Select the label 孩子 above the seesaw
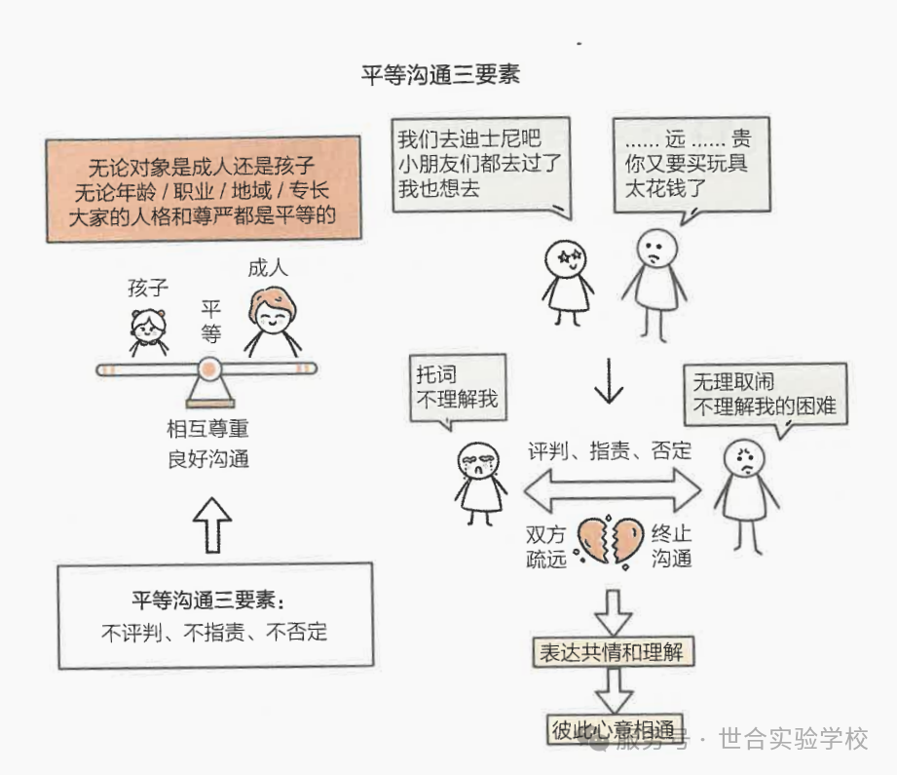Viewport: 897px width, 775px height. coord(148,288)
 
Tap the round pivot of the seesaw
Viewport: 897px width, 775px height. coord(208,369)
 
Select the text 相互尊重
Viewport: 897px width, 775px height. coord(207,429)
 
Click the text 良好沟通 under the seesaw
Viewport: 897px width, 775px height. coord(207,457)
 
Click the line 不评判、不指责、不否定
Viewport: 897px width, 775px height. coord(214,632)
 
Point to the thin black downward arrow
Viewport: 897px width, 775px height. coord(609,381)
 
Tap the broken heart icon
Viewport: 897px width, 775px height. coord(611,542)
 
